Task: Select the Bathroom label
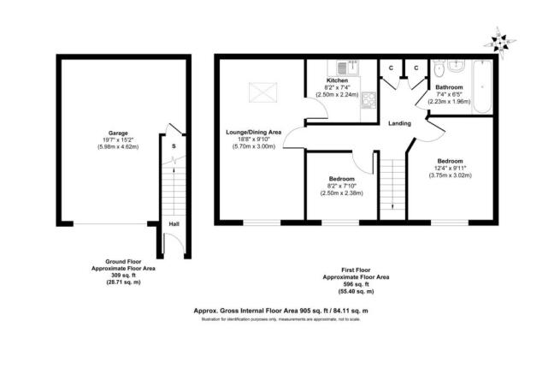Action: (x=450, y=87)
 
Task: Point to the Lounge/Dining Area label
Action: (x=253, y=133)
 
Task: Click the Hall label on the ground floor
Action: (x=174, y=224)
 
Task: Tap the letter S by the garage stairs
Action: (x=174, y=146)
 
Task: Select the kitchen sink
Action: (x=341, y=67)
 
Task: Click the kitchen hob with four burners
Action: (x=368, y=100)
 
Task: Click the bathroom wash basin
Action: (x=457, y=67)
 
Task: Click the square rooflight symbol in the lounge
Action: (x=259, y=90)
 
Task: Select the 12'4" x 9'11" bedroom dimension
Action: (x=450, y=169)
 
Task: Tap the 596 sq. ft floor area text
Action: (x=356, y=285)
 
